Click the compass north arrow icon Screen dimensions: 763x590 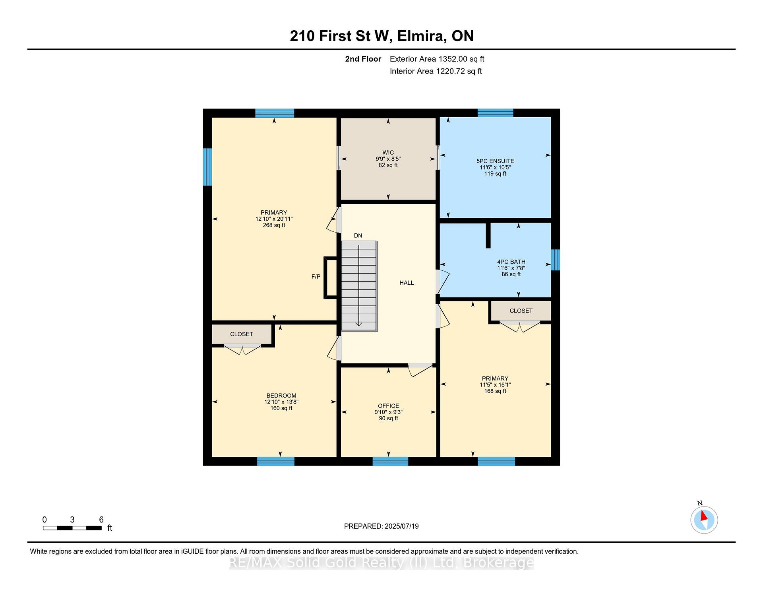704,520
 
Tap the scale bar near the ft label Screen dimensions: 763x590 72,528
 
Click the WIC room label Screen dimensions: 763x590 388,153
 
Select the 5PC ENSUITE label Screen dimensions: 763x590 495,161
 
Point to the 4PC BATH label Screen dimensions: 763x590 511,262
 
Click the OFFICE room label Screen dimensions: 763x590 388,406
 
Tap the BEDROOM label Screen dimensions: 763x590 281,396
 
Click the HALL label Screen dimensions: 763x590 407,283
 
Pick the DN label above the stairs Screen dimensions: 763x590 358,235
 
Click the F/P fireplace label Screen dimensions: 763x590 316,276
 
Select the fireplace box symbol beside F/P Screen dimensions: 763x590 331,278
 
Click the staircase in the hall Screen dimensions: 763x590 359,286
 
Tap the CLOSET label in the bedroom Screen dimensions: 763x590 242,334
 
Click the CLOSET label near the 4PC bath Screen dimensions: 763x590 521,311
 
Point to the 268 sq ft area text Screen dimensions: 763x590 274,225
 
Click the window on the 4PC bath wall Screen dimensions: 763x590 556,260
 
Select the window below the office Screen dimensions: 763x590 390,461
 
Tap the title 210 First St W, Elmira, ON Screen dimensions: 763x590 381,36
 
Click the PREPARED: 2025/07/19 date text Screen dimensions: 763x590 381,526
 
